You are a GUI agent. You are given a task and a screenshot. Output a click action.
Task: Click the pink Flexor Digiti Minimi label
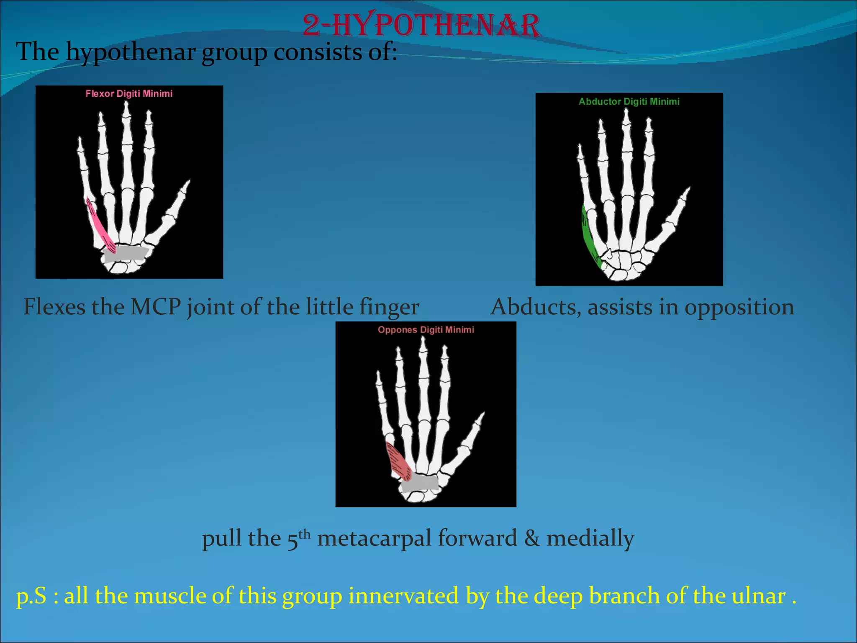click(129, 94)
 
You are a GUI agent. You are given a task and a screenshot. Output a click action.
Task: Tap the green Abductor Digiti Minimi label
click(629, 102)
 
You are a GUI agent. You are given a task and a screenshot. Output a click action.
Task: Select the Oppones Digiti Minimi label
click(426, 330)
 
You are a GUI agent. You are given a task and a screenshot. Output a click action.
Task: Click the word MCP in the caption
click(155, 307)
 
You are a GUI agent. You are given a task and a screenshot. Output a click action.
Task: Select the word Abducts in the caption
click(536, 307)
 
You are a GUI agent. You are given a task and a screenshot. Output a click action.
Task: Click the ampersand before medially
click(531, 538)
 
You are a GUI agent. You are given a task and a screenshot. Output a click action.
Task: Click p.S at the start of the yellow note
click(31, 596)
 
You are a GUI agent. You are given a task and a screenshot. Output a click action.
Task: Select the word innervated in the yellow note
click(403, 596)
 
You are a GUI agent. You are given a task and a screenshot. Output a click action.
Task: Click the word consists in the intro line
click(318, 52)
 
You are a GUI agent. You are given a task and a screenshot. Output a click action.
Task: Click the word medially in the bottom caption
click(590, 538)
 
